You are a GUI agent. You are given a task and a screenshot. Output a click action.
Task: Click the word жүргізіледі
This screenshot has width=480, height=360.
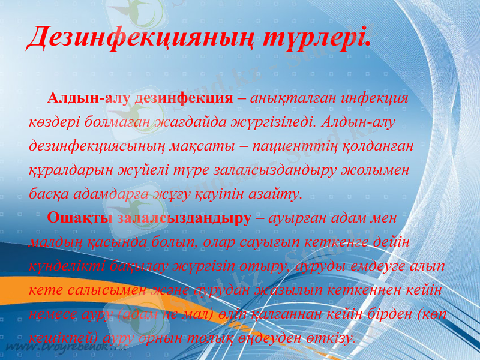[x=272, y=122]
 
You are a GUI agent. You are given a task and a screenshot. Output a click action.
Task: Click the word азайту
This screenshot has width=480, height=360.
[x=276, y=194]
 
